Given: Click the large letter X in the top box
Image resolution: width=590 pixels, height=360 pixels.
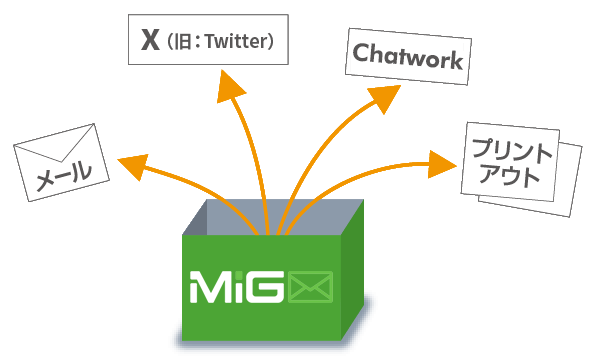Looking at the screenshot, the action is click(x=150, y=40).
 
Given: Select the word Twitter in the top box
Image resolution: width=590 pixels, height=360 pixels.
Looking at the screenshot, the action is click(x=236, y=41).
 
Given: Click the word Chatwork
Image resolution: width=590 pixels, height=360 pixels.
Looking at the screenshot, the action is click(x=408, y=56).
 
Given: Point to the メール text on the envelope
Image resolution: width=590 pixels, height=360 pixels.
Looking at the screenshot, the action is click(x=64, y=176).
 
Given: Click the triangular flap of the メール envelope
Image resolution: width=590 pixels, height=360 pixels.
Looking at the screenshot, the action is click(x=60, y=145).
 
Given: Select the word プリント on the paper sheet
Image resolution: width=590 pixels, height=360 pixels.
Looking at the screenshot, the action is click(x=512, y=151).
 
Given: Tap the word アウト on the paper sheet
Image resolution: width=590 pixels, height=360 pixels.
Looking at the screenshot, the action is click(x=510, y=176).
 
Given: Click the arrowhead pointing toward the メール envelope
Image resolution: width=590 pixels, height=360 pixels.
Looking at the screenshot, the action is click(x=133, y=166).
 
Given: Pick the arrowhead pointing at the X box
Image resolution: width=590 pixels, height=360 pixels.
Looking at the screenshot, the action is click(x=229, y=87).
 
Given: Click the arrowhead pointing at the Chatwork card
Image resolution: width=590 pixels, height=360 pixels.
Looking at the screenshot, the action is click(x=385, y=97).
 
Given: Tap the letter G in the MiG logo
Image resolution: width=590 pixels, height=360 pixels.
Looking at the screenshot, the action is click(x=265, y=287).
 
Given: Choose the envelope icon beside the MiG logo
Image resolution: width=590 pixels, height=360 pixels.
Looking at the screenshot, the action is click(x=311, y=287).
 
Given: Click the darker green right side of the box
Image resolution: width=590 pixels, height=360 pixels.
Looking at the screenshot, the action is click(x=352, y=271).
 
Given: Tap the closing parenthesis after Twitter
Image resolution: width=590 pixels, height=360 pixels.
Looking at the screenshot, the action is click(x=270, y=41).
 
